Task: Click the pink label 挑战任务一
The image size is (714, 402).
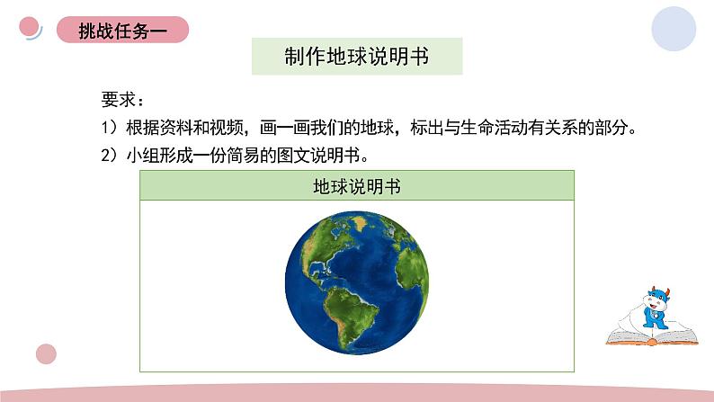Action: coord(121,30)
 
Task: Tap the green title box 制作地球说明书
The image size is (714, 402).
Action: coord(358,57)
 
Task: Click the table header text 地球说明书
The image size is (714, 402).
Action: coord(357,187)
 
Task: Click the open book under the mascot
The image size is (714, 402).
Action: coord(649,336)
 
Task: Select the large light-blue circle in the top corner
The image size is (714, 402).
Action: coord(677,29)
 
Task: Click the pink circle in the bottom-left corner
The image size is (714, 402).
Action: coord(45,354)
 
